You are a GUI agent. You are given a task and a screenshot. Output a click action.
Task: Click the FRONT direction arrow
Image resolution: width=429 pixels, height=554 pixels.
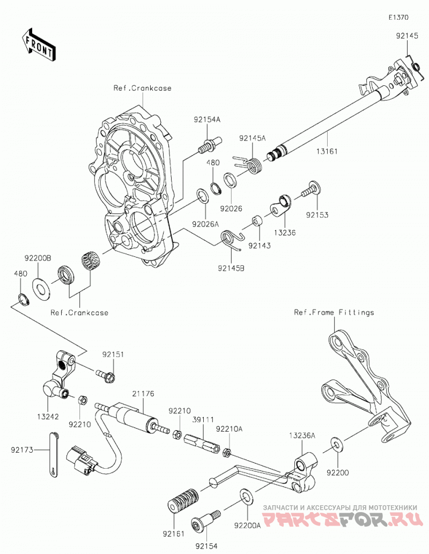tap(38, 45)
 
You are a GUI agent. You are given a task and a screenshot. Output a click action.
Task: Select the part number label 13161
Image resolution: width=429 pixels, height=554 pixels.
tap(327, 151)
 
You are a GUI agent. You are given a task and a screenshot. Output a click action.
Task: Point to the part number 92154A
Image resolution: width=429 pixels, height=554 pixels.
tap(207, 120)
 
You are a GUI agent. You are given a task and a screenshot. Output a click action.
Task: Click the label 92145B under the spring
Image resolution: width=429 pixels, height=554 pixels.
tap(232, 269)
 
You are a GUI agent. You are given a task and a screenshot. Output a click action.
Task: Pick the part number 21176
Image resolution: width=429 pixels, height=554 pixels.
tap(144, 394)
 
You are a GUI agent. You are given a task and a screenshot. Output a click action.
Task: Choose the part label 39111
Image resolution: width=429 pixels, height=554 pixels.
tap(203, 419)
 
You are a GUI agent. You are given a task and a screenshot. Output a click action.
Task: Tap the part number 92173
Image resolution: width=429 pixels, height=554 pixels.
tap(22, 450)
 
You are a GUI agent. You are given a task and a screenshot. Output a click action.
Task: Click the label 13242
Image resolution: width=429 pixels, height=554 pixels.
tap(48, 417)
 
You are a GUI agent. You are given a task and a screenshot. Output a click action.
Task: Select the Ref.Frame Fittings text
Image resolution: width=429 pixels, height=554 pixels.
tap(334, 312)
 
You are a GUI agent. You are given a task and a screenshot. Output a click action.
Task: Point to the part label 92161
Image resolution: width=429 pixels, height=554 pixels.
tap(174, 534)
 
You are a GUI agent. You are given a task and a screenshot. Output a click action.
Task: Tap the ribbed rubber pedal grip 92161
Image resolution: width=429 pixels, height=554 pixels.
tap(182, 501)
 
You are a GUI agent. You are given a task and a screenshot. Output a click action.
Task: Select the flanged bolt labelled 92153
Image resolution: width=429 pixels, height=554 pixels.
tap(312, 189)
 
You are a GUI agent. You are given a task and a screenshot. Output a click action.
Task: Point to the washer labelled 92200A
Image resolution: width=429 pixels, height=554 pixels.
tap(247, 497)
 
